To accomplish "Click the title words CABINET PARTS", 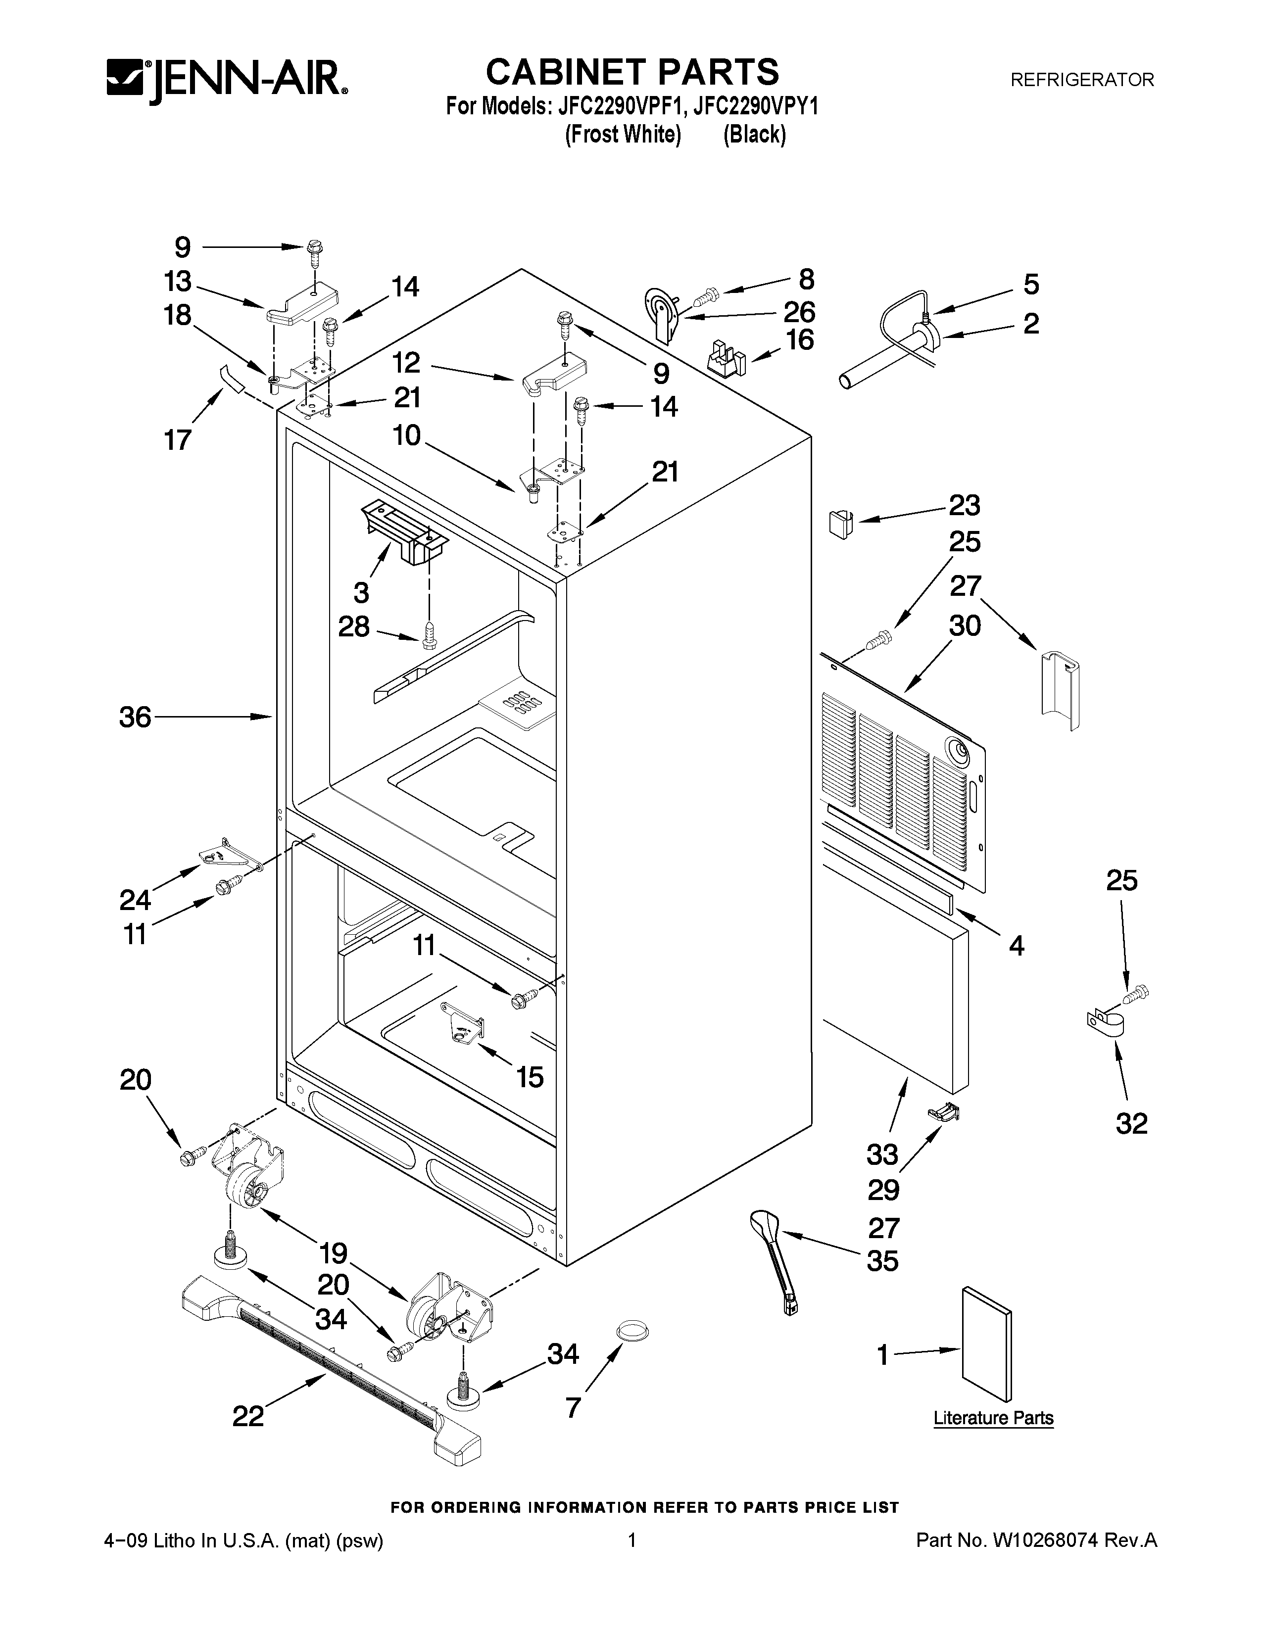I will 632,73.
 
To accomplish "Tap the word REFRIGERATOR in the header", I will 1082,80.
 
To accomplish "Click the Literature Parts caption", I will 993,1418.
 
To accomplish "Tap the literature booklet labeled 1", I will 986,1343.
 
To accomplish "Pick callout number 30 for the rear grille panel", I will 965,625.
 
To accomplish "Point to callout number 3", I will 361,592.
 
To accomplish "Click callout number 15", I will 530,1077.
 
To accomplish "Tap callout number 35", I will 882,1261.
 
